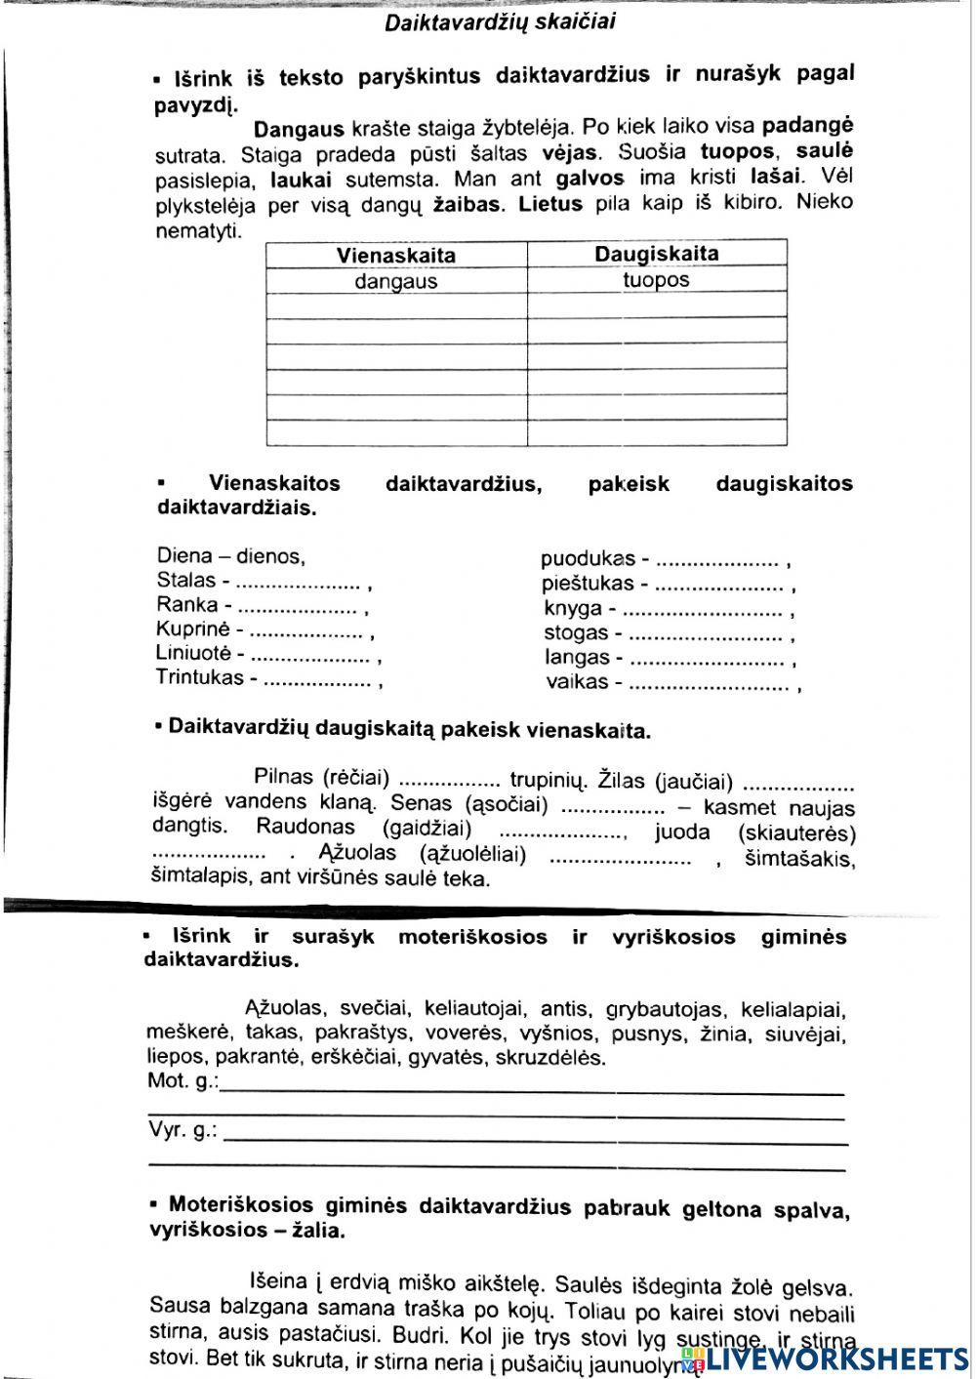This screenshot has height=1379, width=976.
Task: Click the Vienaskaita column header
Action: tap(395, 256)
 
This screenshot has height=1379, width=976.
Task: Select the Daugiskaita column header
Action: tap(656, 254)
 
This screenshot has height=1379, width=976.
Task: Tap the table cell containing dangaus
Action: tap(395, 282)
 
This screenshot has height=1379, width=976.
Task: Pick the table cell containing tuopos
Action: tap(656, 280)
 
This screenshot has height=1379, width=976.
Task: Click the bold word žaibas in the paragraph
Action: tap(468, 205)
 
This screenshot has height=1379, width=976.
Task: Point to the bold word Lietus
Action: tap(550, 204)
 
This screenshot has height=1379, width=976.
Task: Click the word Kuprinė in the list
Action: tap(192, 629)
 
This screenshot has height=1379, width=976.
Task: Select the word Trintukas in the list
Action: tap(199, 677)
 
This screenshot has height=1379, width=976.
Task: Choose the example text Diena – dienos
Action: tap(230, 556)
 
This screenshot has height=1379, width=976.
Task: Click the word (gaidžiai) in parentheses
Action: tap(427, 829)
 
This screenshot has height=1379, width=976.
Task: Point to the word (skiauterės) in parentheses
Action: tap(797, 833)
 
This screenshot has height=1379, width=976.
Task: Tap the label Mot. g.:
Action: tap(183, 1081)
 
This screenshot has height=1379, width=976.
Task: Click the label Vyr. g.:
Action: tap(183, 1130)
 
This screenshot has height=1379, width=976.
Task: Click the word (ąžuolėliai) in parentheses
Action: tap(472, 855)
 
